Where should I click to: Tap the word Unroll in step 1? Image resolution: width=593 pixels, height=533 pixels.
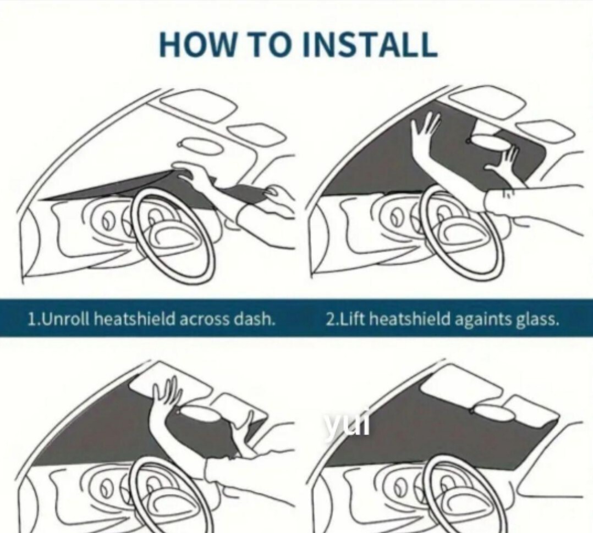(64, 320)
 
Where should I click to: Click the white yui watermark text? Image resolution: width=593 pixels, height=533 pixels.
(345, 424)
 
